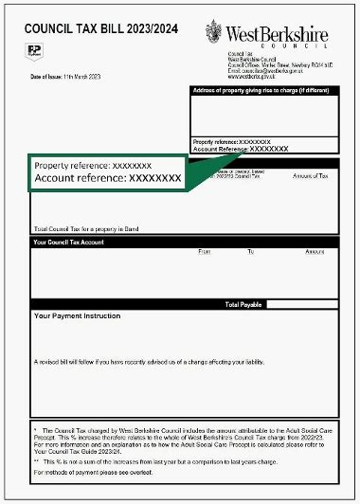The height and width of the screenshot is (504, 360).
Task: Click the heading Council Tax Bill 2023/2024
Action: click(96, 30)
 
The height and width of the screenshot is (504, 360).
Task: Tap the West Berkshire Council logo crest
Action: click(216, 33)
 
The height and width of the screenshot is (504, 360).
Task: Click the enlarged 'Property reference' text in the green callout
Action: click(93, 166)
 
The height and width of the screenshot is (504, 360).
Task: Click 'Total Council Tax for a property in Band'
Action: click(92, 228)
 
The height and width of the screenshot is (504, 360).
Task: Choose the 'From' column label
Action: click(205, 252)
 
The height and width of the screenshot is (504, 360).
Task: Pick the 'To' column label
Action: click(251, 252)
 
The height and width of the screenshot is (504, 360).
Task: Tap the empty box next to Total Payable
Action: click(301, 305)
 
